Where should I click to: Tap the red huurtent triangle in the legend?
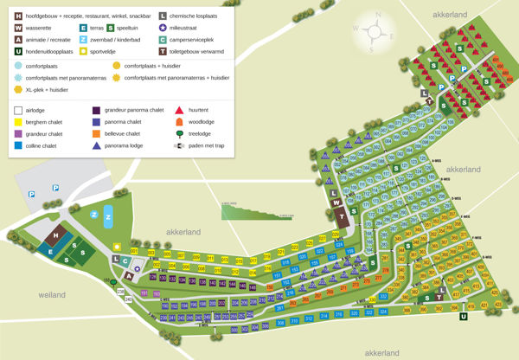[x=179, y=111]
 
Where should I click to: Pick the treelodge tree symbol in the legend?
[x=179, y=134]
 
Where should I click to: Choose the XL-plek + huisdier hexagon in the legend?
[x=19, y=89]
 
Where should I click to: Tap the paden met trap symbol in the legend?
[x=179, y=146]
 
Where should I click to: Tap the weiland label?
[x=52, y=295]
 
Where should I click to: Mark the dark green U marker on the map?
[x=463, y=317]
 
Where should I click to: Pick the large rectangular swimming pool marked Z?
[x=109, y=215]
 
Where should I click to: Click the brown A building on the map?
[x=130, y=274]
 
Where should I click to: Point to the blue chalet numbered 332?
[x=383, y=297]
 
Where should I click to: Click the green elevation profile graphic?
[x=251, y=210]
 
